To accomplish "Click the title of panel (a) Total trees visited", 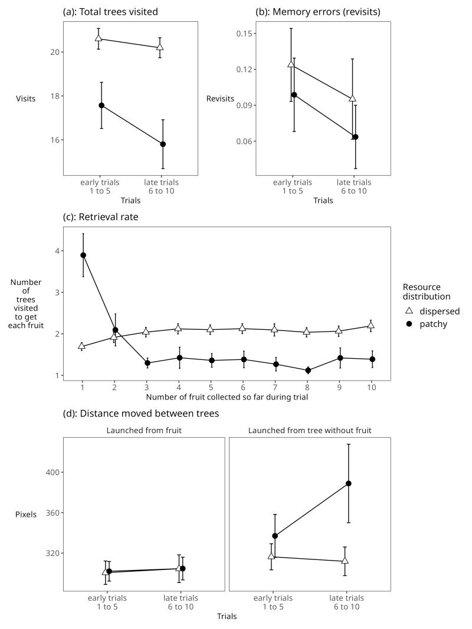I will (x=110, y=12).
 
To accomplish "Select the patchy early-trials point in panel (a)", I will (x=101, y=106).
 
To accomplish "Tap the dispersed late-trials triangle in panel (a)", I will (x=160, y=47).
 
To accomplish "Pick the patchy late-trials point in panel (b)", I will (x=355, y=137).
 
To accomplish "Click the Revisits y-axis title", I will (x=220, y=99).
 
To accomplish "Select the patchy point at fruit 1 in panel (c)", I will (x=83, y=255).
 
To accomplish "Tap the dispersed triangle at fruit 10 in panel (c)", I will (x=371, y=326).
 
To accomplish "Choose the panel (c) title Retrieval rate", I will (x=101, y=217).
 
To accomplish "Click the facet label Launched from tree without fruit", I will (x=310, y=431).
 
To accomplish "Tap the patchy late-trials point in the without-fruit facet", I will (x=349, y=483).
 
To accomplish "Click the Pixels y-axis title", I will (x=26, y=515).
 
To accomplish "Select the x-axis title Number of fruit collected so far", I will (x=227, y=397).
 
